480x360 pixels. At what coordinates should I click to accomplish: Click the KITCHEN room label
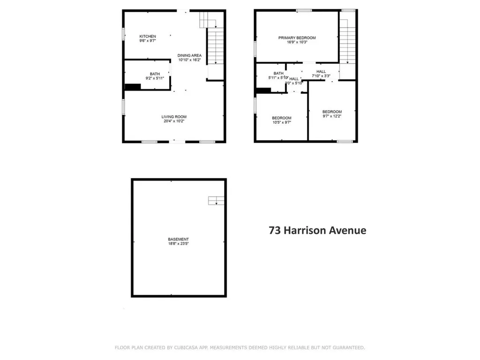point(148,37)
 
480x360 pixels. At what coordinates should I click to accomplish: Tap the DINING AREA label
point(189,56)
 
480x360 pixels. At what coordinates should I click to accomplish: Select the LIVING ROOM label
point(174,117)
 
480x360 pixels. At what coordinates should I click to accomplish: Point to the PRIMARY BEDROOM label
point(297,38)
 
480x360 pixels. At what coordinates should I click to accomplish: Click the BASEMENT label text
point(179,240)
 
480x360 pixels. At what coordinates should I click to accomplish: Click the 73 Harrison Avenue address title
point(317,231)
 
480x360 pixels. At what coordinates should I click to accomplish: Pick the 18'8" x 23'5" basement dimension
point(179,244)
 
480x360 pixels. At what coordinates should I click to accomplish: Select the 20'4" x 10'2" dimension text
point(174,121)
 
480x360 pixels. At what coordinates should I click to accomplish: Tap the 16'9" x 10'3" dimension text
point(297,42)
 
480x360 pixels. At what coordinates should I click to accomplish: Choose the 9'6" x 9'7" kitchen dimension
point(148,41)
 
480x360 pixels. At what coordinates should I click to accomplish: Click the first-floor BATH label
point(155,74)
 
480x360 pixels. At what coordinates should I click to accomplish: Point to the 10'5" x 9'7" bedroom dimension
point(282,122)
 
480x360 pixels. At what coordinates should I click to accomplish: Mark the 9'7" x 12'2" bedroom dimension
point(332,116)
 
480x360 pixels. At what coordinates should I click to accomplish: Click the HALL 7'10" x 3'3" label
point(321,72)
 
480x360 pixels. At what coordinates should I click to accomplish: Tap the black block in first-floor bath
point(133,87)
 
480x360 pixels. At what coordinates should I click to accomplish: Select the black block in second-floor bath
point(263,90)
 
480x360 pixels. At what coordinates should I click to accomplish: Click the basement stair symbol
point(216,201)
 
